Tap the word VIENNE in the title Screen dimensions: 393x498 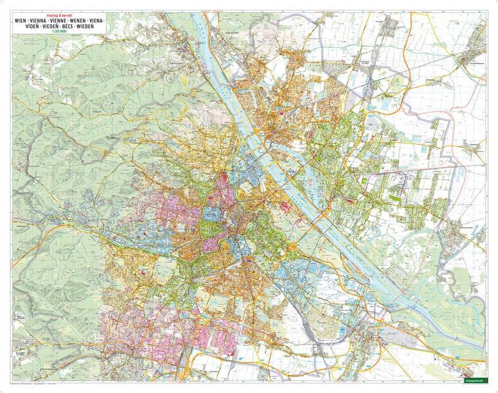(x=60, y=22)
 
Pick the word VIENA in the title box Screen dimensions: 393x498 (x=101, y=22)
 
